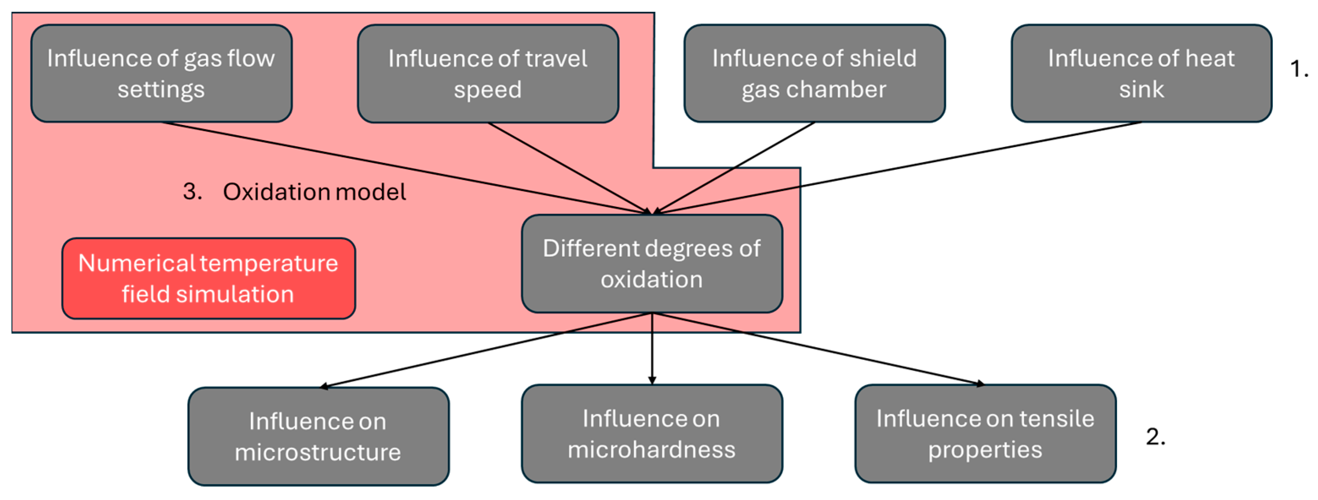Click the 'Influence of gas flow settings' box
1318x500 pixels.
[x=161, y=73]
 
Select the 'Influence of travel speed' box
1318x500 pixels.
[x=488, y=73]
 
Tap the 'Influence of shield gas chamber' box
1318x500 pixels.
[x=814, y=73]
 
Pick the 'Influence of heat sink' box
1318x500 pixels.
[x=1141, y=73]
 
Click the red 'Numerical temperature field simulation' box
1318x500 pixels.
[x=208, y=278]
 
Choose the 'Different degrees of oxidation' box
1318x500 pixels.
[x=651, y=263]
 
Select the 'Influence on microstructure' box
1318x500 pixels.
[x=318, y=436]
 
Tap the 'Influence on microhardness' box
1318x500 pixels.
[x=651, y=434]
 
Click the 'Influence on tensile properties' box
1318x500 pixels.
[x=985, y=434]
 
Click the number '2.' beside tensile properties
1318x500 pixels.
[x=1155, y=437]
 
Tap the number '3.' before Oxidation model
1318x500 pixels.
[x=192, y=192]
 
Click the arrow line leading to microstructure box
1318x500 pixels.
[x=486, y=349]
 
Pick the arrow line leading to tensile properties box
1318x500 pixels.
[x=819, y=349]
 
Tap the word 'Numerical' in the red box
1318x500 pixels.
[x=137, y=263]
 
